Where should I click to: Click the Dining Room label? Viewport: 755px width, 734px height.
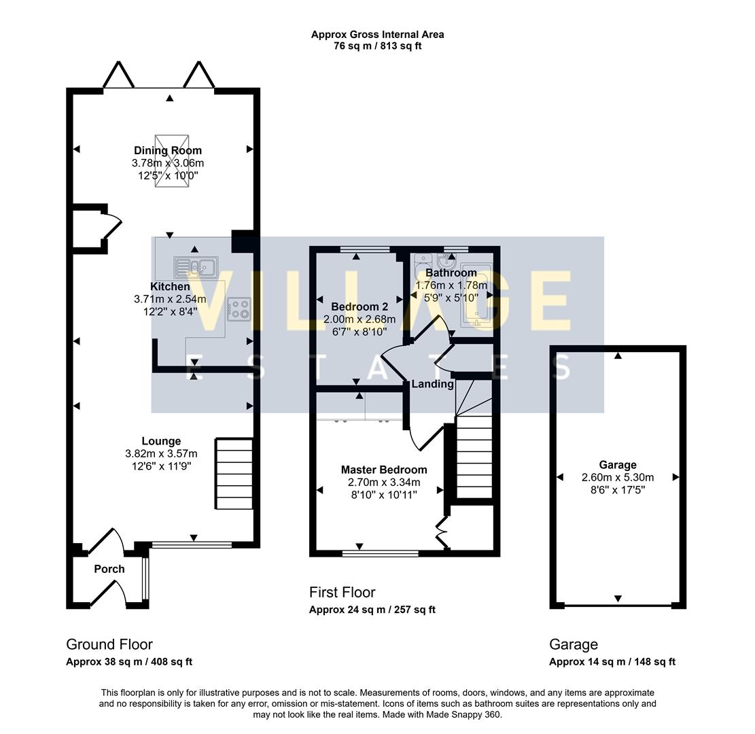pyautogui.click(x=168, y=150)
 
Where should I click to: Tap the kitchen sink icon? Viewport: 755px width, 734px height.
pyautogui.click(x=194, y=267)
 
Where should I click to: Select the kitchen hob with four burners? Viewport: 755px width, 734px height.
pyautogui.click(x=239, y=309)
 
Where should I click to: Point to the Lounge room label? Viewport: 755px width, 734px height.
pyautogui.click(x=161, y=441)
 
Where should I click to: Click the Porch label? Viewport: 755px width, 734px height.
pyautogui.click(x=109, y=569)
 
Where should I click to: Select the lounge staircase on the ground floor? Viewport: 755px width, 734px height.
pyautogui.click(x=234, y=474)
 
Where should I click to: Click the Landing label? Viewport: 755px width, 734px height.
pyautogui.click(x=432, y=384)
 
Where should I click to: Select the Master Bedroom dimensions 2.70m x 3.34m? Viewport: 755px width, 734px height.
pyautogui.click(x=384, y=483)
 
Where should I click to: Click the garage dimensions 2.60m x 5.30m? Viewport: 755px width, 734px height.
pyautogui.click(x=618, y=477)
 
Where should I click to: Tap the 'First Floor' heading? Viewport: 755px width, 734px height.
pyautogui.click(x=342, y=593)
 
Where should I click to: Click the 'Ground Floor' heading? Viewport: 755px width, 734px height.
pyautogui.click(x=109, y=644)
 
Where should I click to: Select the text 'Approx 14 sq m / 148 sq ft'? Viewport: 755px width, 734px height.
pyautogui.click(x=612, y=662)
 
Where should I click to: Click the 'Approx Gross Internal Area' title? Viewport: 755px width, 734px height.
pyautogui.click(x=377, y=34)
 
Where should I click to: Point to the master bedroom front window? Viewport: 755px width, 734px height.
pyautogui.click(x=380, y=554)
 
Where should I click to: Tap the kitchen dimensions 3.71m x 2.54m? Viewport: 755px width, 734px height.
pyautogui.click(x=170, y=299)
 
